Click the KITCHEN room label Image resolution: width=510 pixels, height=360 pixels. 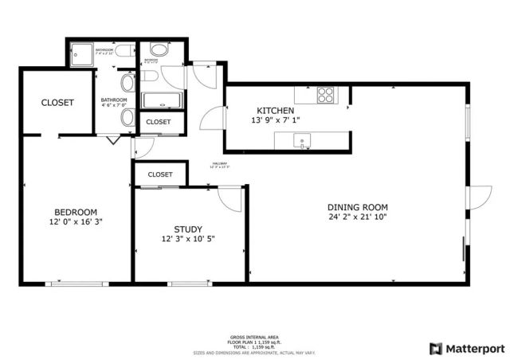(275, 110)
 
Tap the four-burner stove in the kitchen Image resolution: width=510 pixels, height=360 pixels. (327, 95)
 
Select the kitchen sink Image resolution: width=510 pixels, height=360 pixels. (303, 141)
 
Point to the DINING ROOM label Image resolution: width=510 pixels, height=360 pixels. (357, 206)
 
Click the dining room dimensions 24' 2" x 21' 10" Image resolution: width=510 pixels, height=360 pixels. (357, 217)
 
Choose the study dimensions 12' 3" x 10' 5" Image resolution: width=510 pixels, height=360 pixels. (188, 238)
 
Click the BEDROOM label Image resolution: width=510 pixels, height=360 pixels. (76, 211)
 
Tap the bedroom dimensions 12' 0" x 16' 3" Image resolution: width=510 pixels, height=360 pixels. (76, 221)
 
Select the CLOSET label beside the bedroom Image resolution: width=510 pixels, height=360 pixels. (57, 103)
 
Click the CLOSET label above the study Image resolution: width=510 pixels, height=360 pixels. (160, 174)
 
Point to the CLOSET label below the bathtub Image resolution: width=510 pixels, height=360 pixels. (159, 122)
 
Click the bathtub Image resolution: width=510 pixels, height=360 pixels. (163, 100)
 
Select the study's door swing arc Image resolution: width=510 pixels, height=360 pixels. (227, 200)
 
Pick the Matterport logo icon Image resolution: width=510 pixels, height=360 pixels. (435, 348)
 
